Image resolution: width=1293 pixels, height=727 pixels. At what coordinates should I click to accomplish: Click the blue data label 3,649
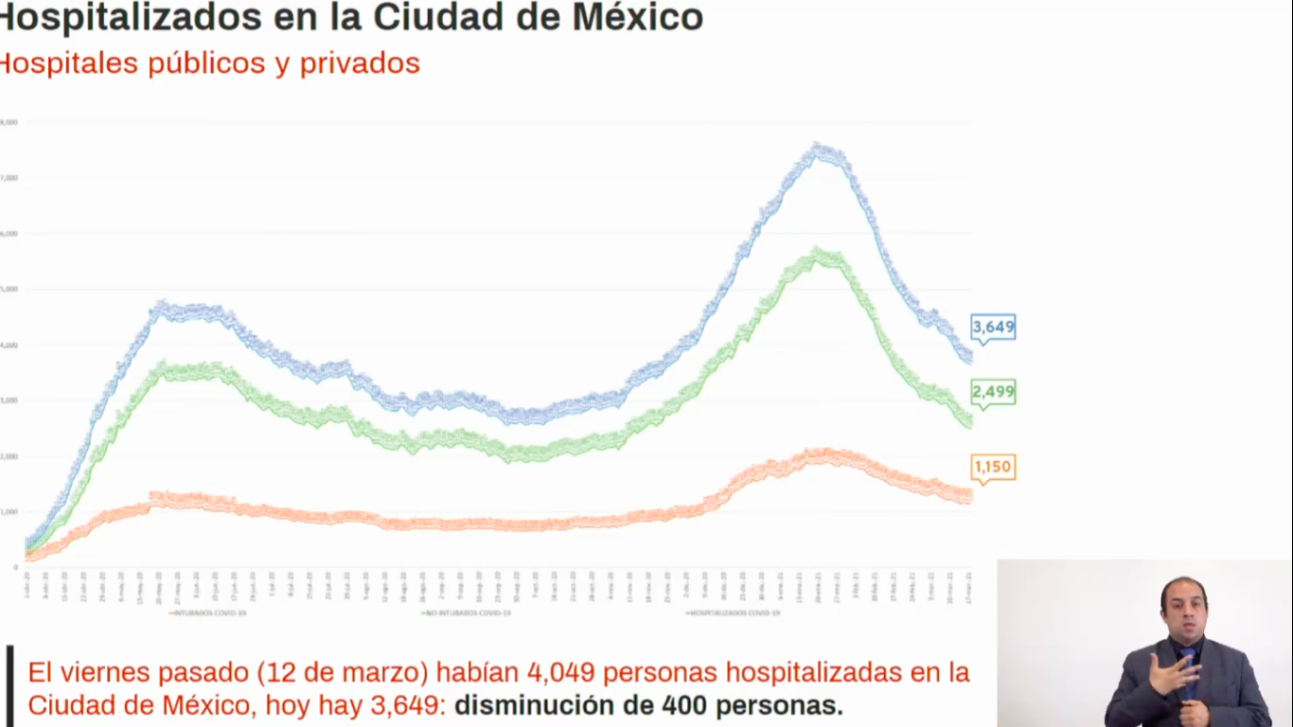click(993, 328)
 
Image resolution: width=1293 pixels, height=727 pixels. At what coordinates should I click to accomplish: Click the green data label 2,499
click(993, 392)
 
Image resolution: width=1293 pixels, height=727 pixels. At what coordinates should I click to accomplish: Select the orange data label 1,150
click(993, 467)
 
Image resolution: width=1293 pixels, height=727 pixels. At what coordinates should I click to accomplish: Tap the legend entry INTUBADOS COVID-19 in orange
click(213, 613)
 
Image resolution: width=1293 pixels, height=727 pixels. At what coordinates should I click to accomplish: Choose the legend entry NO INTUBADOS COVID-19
click(466, 613)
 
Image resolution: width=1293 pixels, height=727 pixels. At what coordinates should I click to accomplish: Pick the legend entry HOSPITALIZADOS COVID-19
click(734, 613)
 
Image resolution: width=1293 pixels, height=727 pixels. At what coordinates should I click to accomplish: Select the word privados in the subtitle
click(360, 63)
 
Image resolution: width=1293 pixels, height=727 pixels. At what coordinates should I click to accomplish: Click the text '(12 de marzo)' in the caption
click(343, 673)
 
